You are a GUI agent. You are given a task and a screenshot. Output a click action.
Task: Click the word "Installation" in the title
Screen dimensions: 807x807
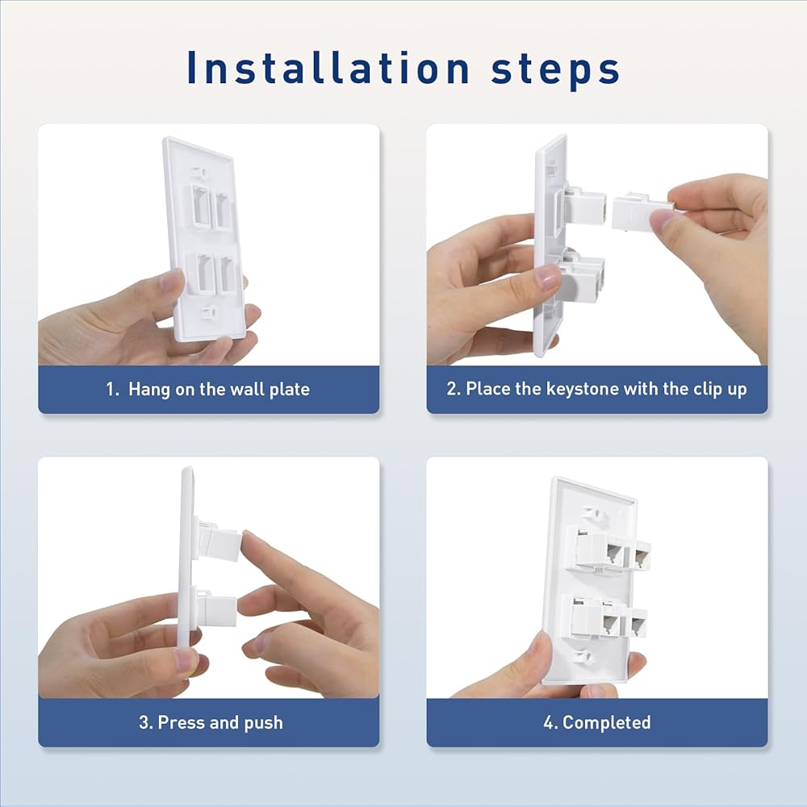(x=328, y=68)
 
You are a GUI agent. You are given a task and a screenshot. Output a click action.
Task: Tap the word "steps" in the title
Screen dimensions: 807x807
(x=555, y=70)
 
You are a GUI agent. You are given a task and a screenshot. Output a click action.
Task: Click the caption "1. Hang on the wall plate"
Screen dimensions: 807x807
(x=208, y=389)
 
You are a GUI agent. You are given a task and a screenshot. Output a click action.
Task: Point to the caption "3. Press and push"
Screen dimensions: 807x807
(x=211, y=722)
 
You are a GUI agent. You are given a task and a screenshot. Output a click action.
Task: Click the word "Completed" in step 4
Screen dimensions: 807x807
(x=606, y=722)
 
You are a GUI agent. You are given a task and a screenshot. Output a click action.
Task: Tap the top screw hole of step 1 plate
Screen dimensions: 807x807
(x=199, y=171)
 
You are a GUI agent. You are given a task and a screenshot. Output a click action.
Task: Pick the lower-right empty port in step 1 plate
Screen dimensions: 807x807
(x=228, y=275)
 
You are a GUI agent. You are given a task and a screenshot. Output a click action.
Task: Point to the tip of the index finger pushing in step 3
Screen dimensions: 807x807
(x=246, y=537)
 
